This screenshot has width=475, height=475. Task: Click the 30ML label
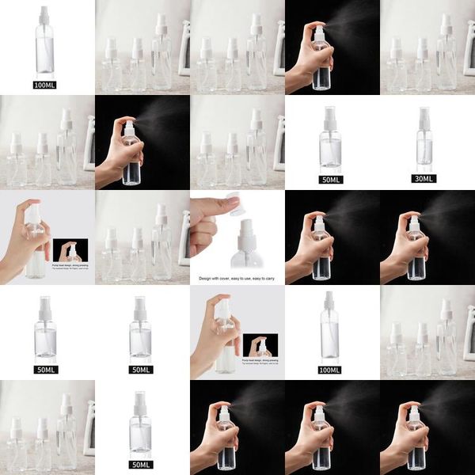[x=425, y=179]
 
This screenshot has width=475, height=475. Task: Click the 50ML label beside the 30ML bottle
[x=330, y=179]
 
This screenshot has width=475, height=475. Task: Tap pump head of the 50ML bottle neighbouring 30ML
[x=330, y=114]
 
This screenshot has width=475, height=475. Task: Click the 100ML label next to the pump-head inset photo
[x=330, y=370]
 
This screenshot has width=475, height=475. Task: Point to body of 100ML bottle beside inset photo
[x=330, y=332]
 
